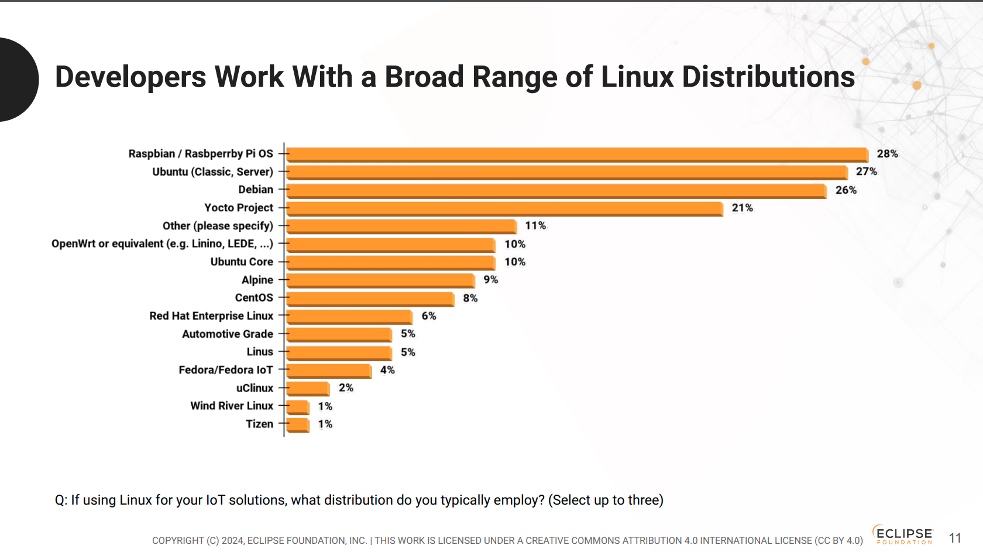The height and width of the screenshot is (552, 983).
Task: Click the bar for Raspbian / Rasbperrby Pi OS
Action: [x=577, y=155]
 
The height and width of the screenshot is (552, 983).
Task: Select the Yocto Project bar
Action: [x=504, y=208]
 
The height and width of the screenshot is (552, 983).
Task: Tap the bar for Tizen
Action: [x=298, y=425]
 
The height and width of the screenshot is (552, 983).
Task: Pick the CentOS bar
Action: [x=370, y=299]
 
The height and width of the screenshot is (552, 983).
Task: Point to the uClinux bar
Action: [x=308, y=389]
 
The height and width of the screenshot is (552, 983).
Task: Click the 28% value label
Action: [x=887, y=154]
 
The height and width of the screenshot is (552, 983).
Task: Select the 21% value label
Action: [x=742, y=208]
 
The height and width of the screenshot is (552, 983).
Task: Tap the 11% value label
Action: [x=535, y=226]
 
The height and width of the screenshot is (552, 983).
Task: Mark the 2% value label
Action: [x=346, y=388]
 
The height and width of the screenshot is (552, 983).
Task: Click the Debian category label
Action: [x=256, y=190]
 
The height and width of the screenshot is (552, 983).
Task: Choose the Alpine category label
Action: [x=257, y=280]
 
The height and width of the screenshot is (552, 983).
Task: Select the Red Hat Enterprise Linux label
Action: [x=211, y=316]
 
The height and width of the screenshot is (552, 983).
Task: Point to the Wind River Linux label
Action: [x=232, y=406]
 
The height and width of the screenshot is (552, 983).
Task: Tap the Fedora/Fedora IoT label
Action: [x=226, y=370]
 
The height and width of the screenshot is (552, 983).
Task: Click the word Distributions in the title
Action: [x=768, y=77]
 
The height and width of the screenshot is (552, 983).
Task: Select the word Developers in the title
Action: [x=130, y=77]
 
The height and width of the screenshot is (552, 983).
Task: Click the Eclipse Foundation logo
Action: [x=903, y=534]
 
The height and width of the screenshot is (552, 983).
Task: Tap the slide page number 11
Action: [x=955, y=538]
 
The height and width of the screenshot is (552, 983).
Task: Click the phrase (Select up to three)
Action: [x=606, y=500]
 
